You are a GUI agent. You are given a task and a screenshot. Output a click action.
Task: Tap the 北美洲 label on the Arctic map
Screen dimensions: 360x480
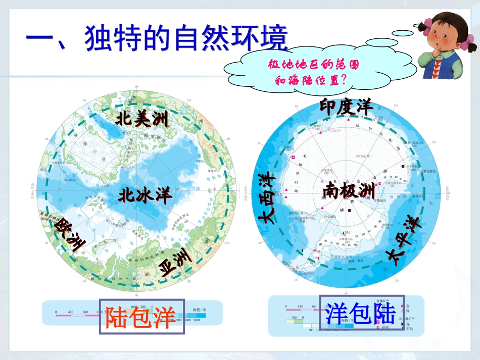point(142,120)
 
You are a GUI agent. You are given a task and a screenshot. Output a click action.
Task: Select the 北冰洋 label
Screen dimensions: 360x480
point(146,195)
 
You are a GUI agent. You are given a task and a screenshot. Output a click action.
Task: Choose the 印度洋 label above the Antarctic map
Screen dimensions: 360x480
point(346,107)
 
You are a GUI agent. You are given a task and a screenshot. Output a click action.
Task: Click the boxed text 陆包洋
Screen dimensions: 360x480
point(141,317)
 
